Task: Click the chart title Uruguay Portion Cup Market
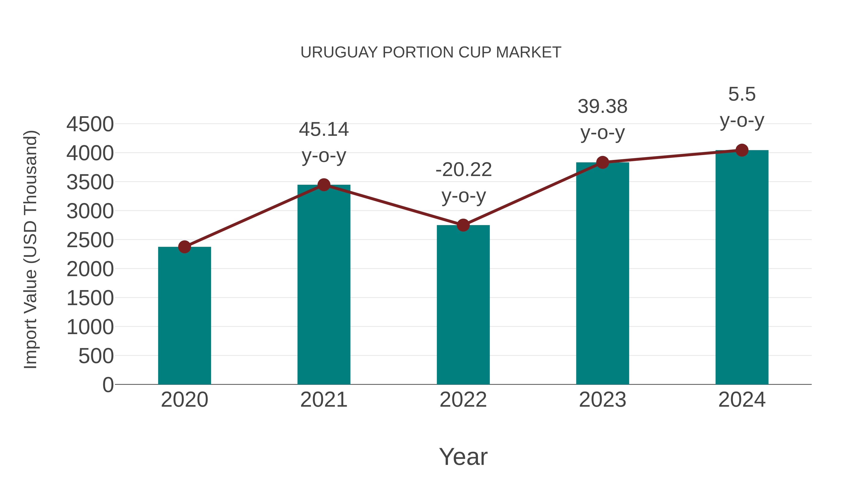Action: (431, 52)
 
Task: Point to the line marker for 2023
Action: (603, 162)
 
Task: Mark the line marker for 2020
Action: (184, 247)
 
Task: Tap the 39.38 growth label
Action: (603, 107)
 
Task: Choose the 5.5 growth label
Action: (742, 94)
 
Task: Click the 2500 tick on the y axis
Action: (90, 240)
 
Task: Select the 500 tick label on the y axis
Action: (96, 356)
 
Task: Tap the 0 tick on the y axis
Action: (108, 385)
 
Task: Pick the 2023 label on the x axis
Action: (603, 400)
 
